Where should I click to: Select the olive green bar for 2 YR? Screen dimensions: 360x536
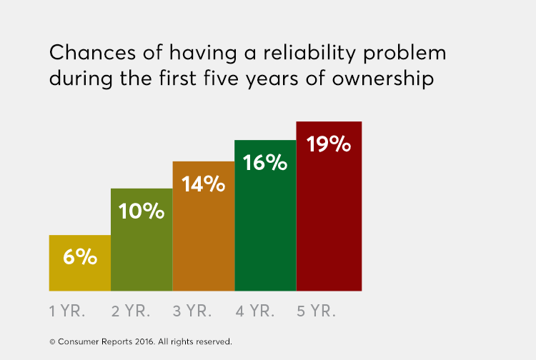point(142,250)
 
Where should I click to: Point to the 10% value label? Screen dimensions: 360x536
point(142,211)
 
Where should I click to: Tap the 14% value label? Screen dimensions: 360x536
point(204,184)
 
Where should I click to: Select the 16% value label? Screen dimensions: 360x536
point(265,163)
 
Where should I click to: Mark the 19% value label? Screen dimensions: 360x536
point(329,144)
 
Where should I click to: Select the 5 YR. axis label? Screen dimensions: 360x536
point(316,311)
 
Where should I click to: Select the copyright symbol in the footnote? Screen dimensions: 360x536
point(52,341)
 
